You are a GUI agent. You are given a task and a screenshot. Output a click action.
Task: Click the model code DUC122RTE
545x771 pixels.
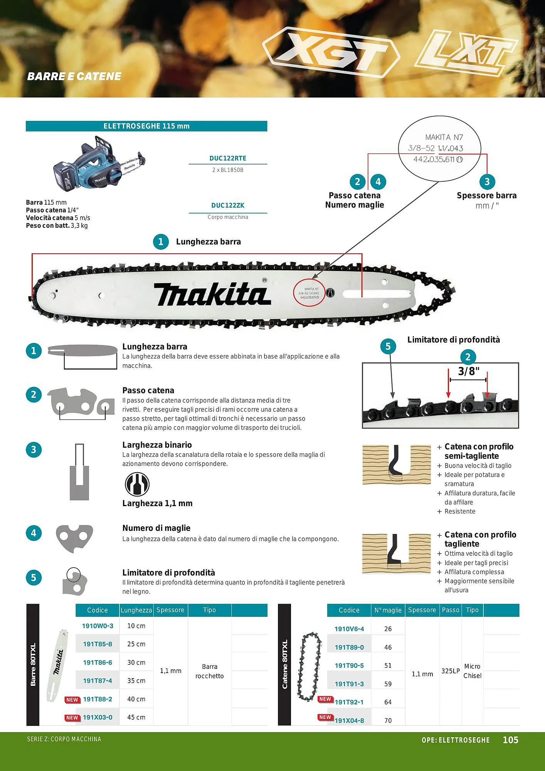click(x=227, y=158)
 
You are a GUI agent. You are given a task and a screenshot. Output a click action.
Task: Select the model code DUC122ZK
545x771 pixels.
click(x=227, y=205)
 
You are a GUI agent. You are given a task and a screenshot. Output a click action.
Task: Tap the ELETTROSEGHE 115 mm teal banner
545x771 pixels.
click(x=146, y=126)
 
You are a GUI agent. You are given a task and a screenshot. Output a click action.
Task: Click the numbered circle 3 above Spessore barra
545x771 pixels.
click(x=487, y=182)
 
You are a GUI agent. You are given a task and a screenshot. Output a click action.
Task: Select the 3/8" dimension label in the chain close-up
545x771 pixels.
click(x=468, y=371)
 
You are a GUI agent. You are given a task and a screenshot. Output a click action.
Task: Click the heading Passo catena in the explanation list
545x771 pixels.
click(x=148, y=390)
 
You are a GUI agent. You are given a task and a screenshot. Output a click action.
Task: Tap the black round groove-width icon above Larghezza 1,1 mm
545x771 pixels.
click(x=137, y=484)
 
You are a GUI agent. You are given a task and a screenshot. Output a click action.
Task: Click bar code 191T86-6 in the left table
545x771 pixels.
click(x=98, y=662)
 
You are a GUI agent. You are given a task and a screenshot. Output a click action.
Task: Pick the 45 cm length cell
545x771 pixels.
click(x=136, y=717)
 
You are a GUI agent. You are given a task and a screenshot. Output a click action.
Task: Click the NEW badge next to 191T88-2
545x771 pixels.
click(x=72, y=699)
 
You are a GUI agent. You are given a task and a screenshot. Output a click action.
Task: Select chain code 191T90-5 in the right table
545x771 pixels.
click(x=349, y=665)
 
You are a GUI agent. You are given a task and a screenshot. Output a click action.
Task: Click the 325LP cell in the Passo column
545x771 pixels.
click(x=450, y=671)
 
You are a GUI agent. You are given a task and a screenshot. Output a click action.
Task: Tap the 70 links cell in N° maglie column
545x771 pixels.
click(x=388, y=720)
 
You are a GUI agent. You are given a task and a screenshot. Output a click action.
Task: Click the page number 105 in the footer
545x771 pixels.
click(x=510, y=740)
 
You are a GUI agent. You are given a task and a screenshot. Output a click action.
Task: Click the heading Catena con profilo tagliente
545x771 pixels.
click(x=480, y=539)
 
